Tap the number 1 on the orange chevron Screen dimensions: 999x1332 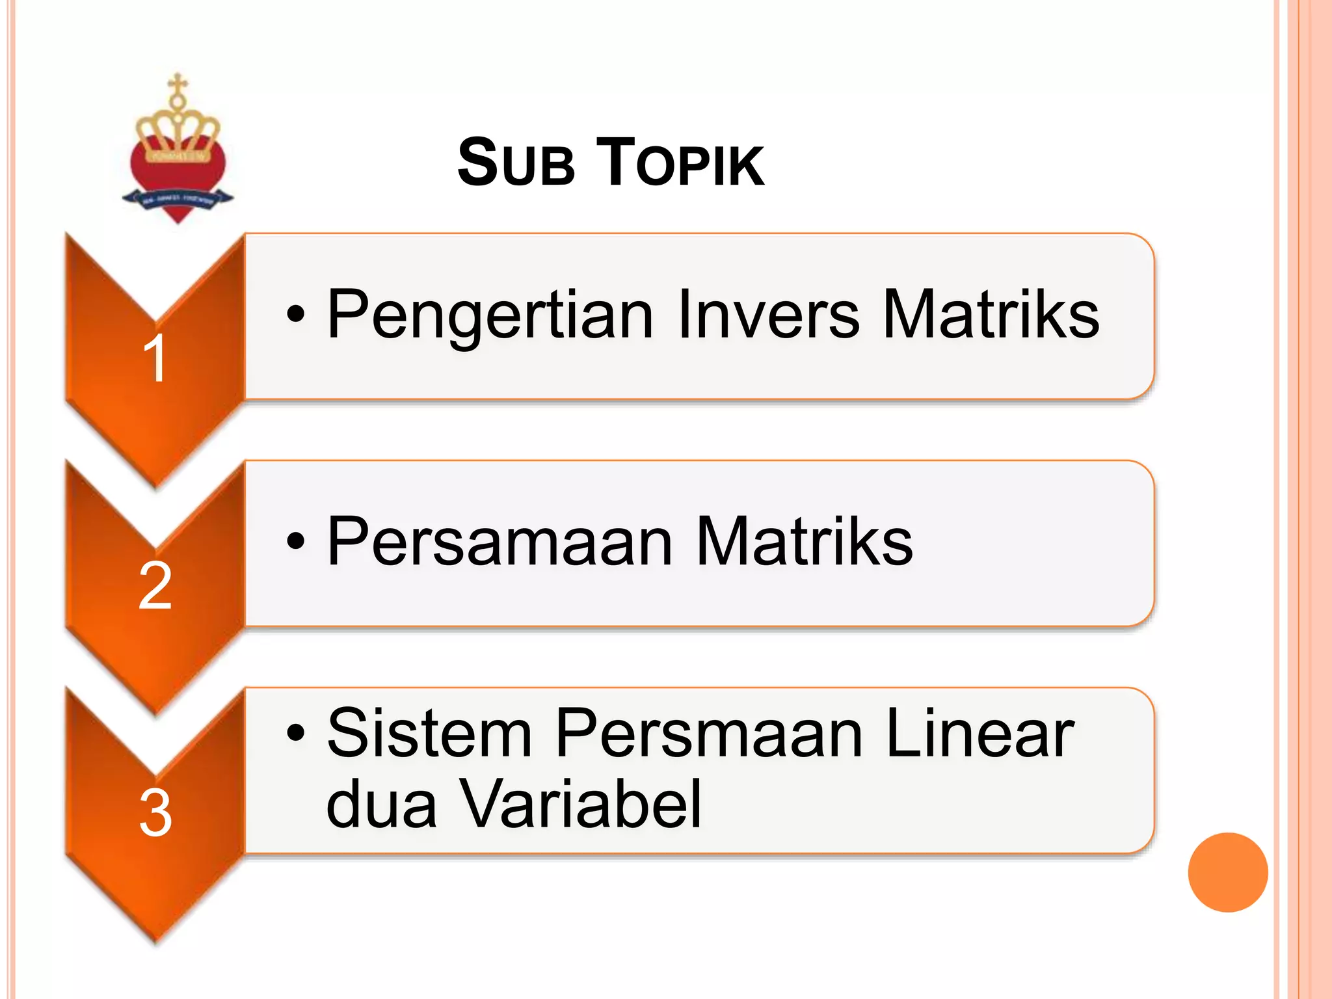(155, 358)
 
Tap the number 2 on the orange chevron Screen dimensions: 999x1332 (155, 586)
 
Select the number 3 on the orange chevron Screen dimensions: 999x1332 (155, 813)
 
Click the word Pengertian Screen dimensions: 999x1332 (490, 316)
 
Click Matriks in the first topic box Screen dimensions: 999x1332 (991, 315)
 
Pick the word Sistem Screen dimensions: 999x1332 (429, 734)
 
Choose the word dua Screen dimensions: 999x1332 (381, 805)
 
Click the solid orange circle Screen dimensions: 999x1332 (1227, 872)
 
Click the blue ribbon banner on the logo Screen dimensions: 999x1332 (178, 199)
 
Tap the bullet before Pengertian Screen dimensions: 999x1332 (295, 315)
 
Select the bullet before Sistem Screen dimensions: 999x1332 (295, 734)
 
